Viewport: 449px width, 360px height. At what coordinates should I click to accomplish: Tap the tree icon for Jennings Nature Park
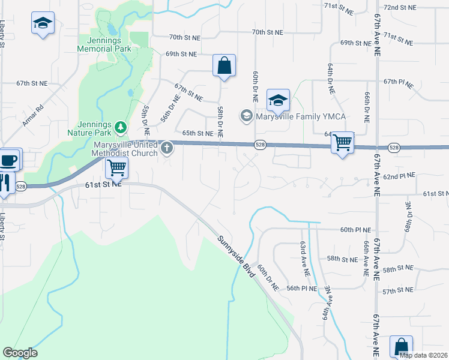pyautogui.click(x=121, y=126)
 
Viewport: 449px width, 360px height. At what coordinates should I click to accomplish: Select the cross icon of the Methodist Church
pyautogui.click(x=166, y=146)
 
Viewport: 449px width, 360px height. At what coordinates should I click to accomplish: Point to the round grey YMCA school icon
pyautogui.click(x=246, y=115)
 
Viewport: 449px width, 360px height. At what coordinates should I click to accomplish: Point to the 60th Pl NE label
pyautogui.click(x=357, y=230)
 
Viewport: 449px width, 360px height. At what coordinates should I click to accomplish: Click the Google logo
pyautogui.click(x=20, y=353)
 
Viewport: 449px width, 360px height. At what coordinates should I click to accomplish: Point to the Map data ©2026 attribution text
pyautogui.click(x=424, y=355)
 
